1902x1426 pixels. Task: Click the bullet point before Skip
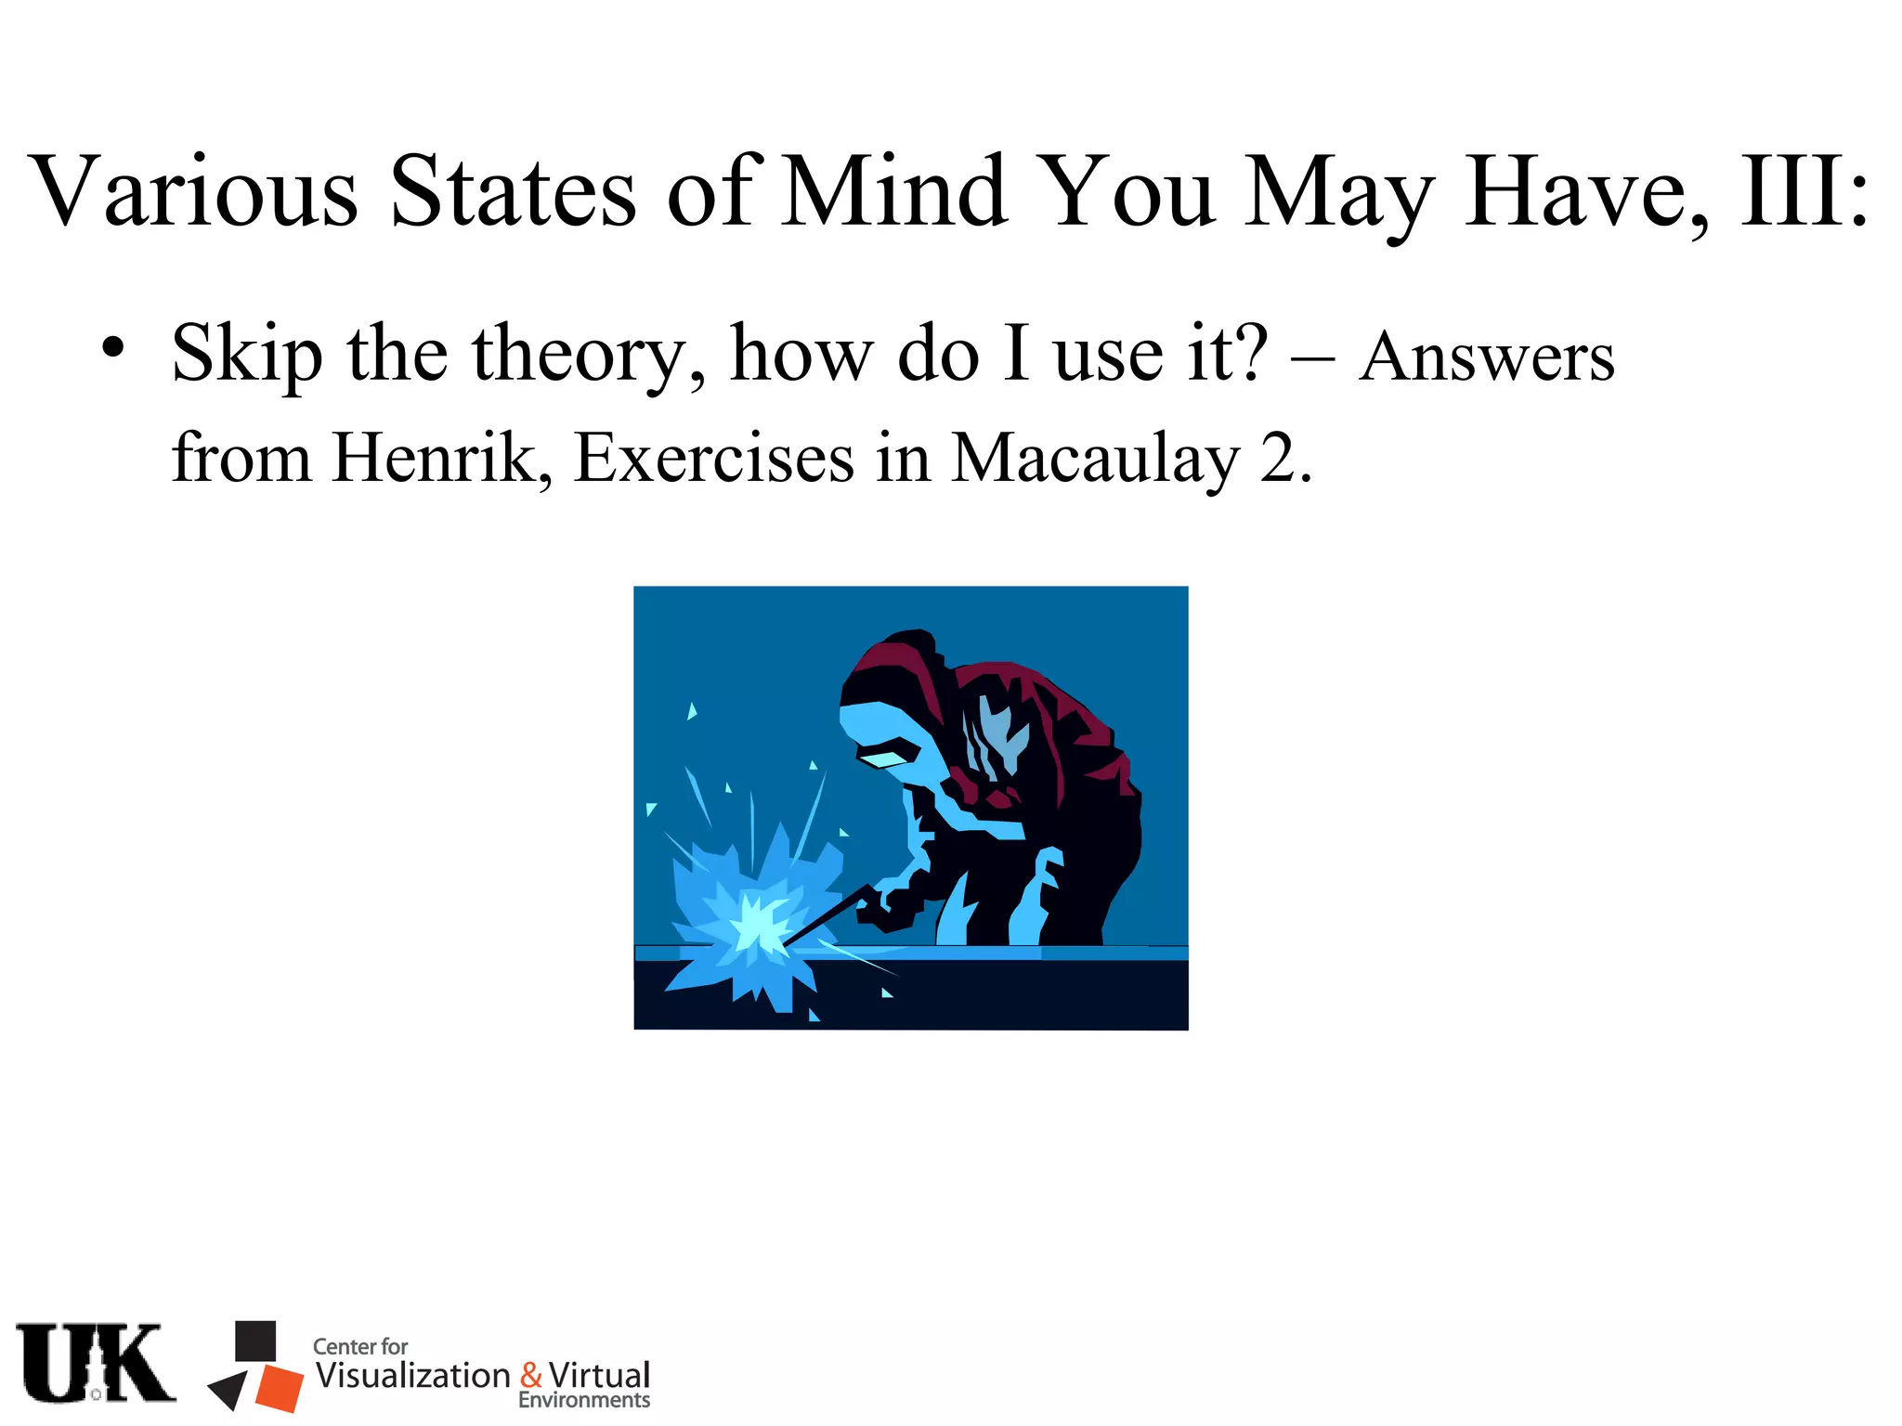[113, 348]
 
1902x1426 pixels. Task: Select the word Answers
[1486, 357]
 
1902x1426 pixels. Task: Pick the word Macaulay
[1096, 460]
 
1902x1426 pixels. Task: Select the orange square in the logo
[280, 1387]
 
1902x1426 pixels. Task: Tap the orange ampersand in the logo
[530, 1375]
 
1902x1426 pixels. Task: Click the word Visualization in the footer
[413, 1375]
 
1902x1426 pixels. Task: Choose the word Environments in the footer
[583, 1400]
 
